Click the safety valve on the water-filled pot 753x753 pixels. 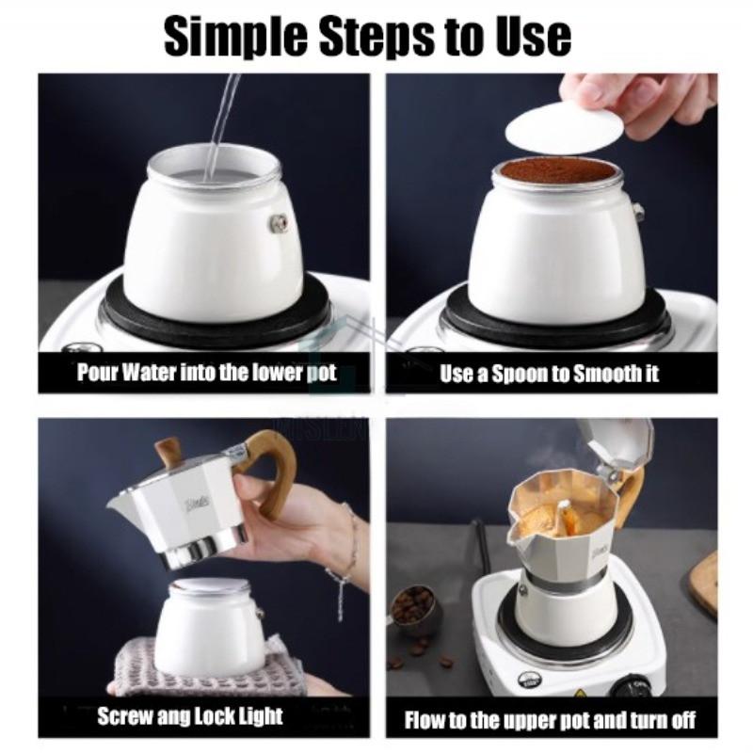(279, 222)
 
